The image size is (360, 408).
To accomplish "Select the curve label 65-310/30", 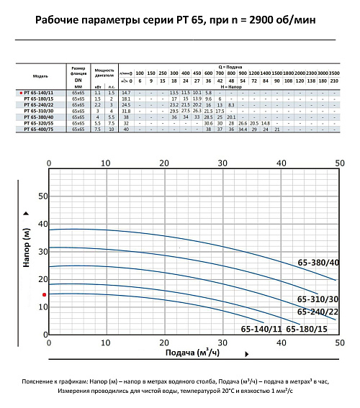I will point(316,299).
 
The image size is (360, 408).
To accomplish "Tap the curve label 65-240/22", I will point(316,312).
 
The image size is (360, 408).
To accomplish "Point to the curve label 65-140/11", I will point(261,329).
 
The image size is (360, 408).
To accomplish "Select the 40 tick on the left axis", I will point(42,223).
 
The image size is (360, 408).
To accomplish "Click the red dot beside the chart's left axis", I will point(44,294).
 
